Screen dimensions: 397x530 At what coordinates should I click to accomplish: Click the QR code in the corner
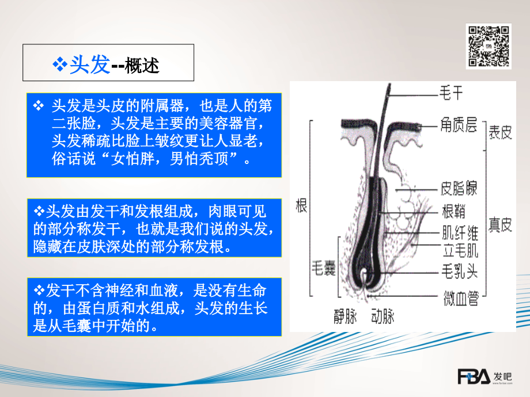(x=488, y=45)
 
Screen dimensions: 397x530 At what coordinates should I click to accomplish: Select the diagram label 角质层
(x=459, y=124)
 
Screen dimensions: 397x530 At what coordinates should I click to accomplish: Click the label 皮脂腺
(x=459, y=188)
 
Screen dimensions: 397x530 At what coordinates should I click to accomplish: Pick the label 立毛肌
(x=459, y=250)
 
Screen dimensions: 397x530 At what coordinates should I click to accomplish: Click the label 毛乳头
(x=459, y=270)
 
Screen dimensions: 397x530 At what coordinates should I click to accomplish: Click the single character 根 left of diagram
(x=301, y=207)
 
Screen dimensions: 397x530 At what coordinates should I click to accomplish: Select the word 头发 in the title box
(x=89, y=64)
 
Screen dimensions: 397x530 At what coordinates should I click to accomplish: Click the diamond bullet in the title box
(x=60, y=65)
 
